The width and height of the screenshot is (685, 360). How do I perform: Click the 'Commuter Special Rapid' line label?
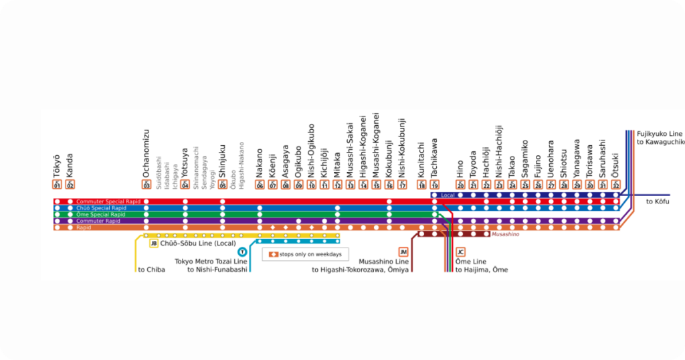tap(108, 201)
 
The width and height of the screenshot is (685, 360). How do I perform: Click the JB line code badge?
tap(154, 244)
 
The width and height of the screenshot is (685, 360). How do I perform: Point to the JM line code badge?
tap(403, 252)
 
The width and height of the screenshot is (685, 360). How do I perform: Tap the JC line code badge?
tap(460, 252)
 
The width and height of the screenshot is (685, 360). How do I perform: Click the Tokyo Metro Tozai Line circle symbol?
tap(241, 252)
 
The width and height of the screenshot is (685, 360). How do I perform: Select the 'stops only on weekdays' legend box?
tap(305, 254)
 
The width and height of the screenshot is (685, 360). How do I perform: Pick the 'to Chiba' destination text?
tap(151, 270)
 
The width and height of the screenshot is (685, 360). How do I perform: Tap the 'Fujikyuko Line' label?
tap(660, 134)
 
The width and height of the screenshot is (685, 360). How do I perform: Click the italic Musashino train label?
tap(505, 234)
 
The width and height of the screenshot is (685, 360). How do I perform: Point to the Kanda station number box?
tap(70, 185)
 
